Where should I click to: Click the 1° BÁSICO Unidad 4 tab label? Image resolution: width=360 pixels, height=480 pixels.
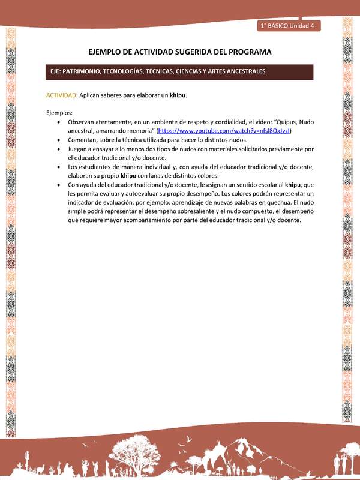290,25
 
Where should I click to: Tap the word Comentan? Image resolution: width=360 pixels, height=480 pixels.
85,139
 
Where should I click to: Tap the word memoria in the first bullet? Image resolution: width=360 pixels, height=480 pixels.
138,130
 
